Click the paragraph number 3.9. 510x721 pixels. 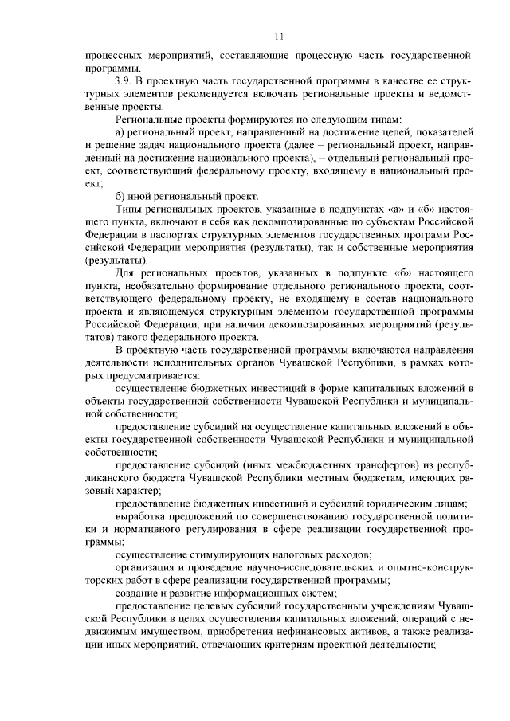pyautogui.click(x=125, y=82)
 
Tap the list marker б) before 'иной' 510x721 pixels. pyautogui.click(x=120, y=196)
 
